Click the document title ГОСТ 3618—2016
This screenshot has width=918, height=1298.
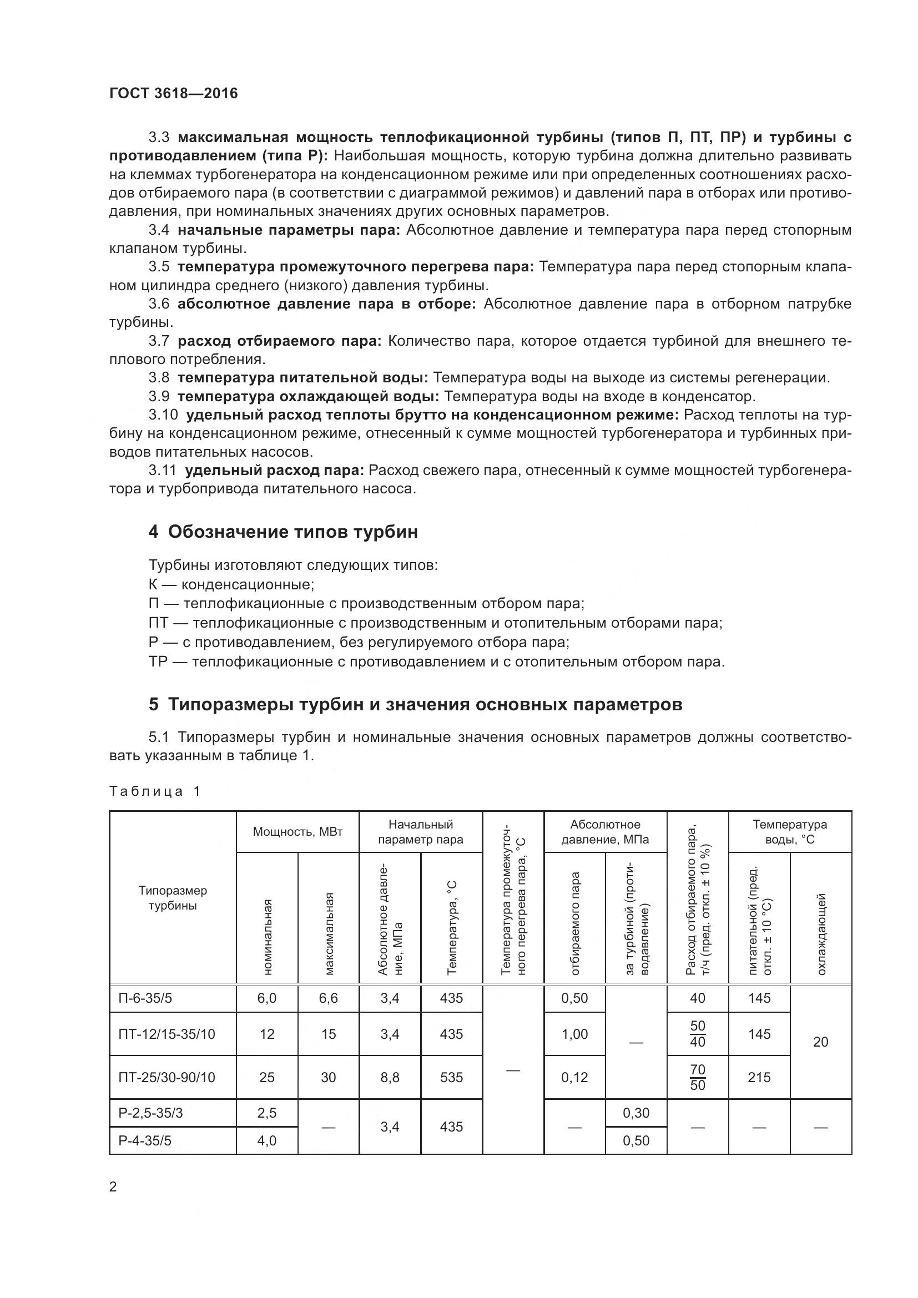coord(174,93)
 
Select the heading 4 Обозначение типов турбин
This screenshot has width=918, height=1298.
coord(283,532)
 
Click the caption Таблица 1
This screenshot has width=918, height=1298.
coord(155,791)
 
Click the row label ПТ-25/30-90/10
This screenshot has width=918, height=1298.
coord(167,1077)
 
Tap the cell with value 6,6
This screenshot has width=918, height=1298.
coord(328,998)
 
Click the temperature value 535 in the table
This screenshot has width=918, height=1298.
coord(451,1077)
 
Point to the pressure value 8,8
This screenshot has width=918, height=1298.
coord(390,1077)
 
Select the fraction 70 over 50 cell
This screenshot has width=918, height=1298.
coord(698,1077)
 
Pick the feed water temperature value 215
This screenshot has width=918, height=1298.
coord(759,1077)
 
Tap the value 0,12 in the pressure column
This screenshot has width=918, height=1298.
coord(574,1077)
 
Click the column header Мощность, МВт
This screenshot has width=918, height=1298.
coord(297,832)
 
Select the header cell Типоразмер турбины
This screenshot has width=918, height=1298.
coord(173,898)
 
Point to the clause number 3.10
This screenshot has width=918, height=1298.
coord(163,415)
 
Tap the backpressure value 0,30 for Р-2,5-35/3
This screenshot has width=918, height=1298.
coord(636,1113)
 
